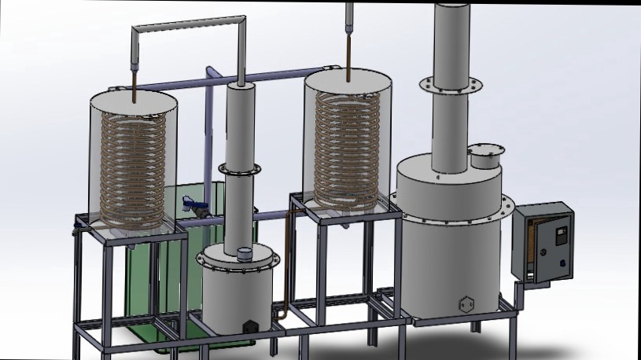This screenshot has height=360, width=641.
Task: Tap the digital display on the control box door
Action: click(x=561, y=233)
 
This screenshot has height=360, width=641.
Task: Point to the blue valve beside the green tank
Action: click(x=193, y=207)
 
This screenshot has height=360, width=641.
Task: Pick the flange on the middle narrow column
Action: click(x=240, y=169)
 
